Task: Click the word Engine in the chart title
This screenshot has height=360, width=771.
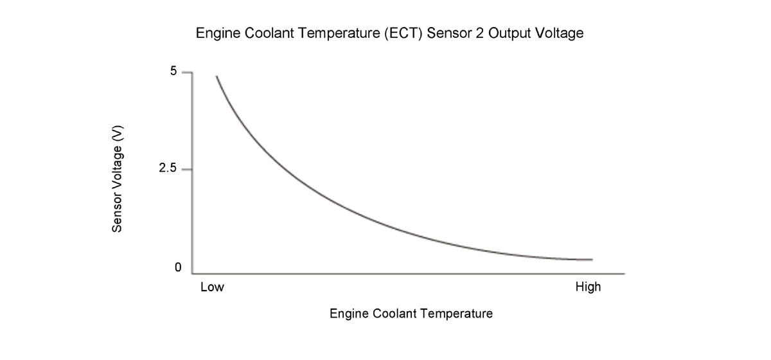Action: click(215, 33)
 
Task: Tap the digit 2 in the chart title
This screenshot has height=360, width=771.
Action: click(477, 33)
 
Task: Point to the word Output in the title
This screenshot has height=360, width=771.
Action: click(509, 33)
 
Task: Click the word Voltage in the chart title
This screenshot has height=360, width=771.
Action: click(559, 33)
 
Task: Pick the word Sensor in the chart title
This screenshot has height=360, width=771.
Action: click(448, 33)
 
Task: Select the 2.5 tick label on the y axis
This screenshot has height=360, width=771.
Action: click(169, 169)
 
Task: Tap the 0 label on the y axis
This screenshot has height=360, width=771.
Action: click(177, 267)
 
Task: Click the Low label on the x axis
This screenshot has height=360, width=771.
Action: click(212, 287)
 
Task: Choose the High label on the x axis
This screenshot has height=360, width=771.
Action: click(588, 287)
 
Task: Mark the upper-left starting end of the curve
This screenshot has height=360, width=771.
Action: click(217, 76)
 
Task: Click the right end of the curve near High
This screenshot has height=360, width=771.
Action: click(591, 260)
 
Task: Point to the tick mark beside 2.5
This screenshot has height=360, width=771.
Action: click(186, 170)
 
